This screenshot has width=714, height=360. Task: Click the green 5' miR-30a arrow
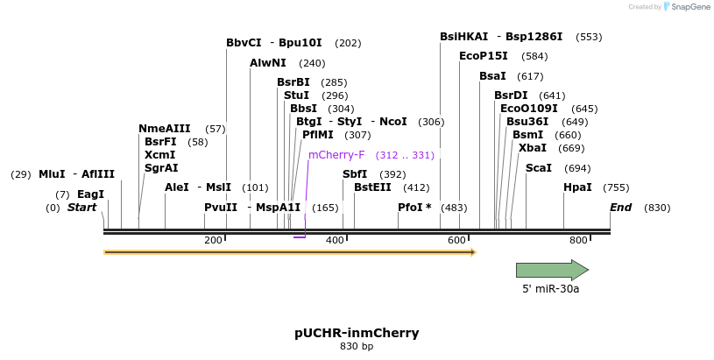tap(551, 270)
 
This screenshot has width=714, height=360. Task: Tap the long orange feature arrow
tap(289, 252)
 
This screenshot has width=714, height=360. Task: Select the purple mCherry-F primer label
tap(336, 155)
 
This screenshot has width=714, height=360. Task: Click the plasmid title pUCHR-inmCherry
tap(357, 333)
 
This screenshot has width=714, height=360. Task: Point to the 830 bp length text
tap(357, 347)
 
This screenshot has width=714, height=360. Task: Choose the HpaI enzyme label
tap(577, 187)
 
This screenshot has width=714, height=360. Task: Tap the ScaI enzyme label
tap(539, 168)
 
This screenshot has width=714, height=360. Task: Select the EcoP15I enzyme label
tap(484, 56)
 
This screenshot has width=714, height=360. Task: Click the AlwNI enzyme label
tap(268, 63)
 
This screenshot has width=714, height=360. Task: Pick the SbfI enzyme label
tap(355, 174)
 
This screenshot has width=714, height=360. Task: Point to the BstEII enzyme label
tap(372, 187)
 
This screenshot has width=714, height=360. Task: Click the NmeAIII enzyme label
tap(164, 129)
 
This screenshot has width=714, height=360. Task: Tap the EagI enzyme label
tap(90, 194)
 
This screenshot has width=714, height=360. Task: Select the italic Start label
tap(81, 208)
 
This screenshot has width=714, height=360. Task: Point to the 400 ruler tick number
tap(336, 240)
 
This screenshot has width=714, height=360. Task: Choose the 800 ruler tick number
tap(578, 240)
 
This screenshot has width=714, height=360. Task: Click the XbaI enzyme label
tap(533, 148)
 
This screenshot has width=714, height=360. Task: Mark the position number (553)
tap(589, 37)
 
